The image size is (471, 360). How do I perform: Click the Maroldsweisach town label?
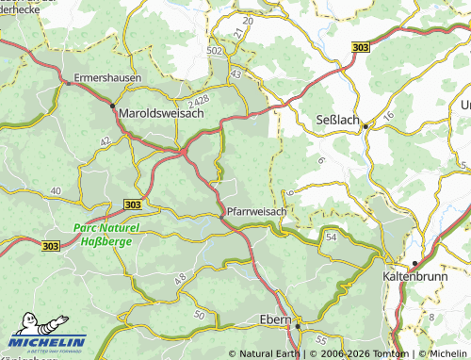[162, 114]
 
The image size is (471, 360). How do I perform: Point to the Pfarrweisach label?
[256, 212]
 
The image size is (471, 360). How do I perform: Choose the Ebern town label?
[275, 321]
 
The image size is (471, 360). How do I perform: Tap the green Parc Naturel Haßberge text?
[106, 235]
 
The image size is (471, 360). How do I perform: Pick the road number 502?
[215, 50]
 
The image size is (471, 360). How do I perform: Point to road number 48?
[180, 278]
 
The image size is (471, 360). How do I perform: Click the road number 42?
[106, 140]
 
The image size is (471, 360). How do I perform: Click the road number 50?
[198, 313]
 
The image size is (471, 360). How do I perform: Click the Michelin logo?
[45, 342]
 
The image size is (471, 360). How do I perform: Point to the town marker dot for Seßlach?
[365, 124]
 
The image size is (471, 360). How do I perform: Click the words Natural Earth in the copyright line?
[271, 354]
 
